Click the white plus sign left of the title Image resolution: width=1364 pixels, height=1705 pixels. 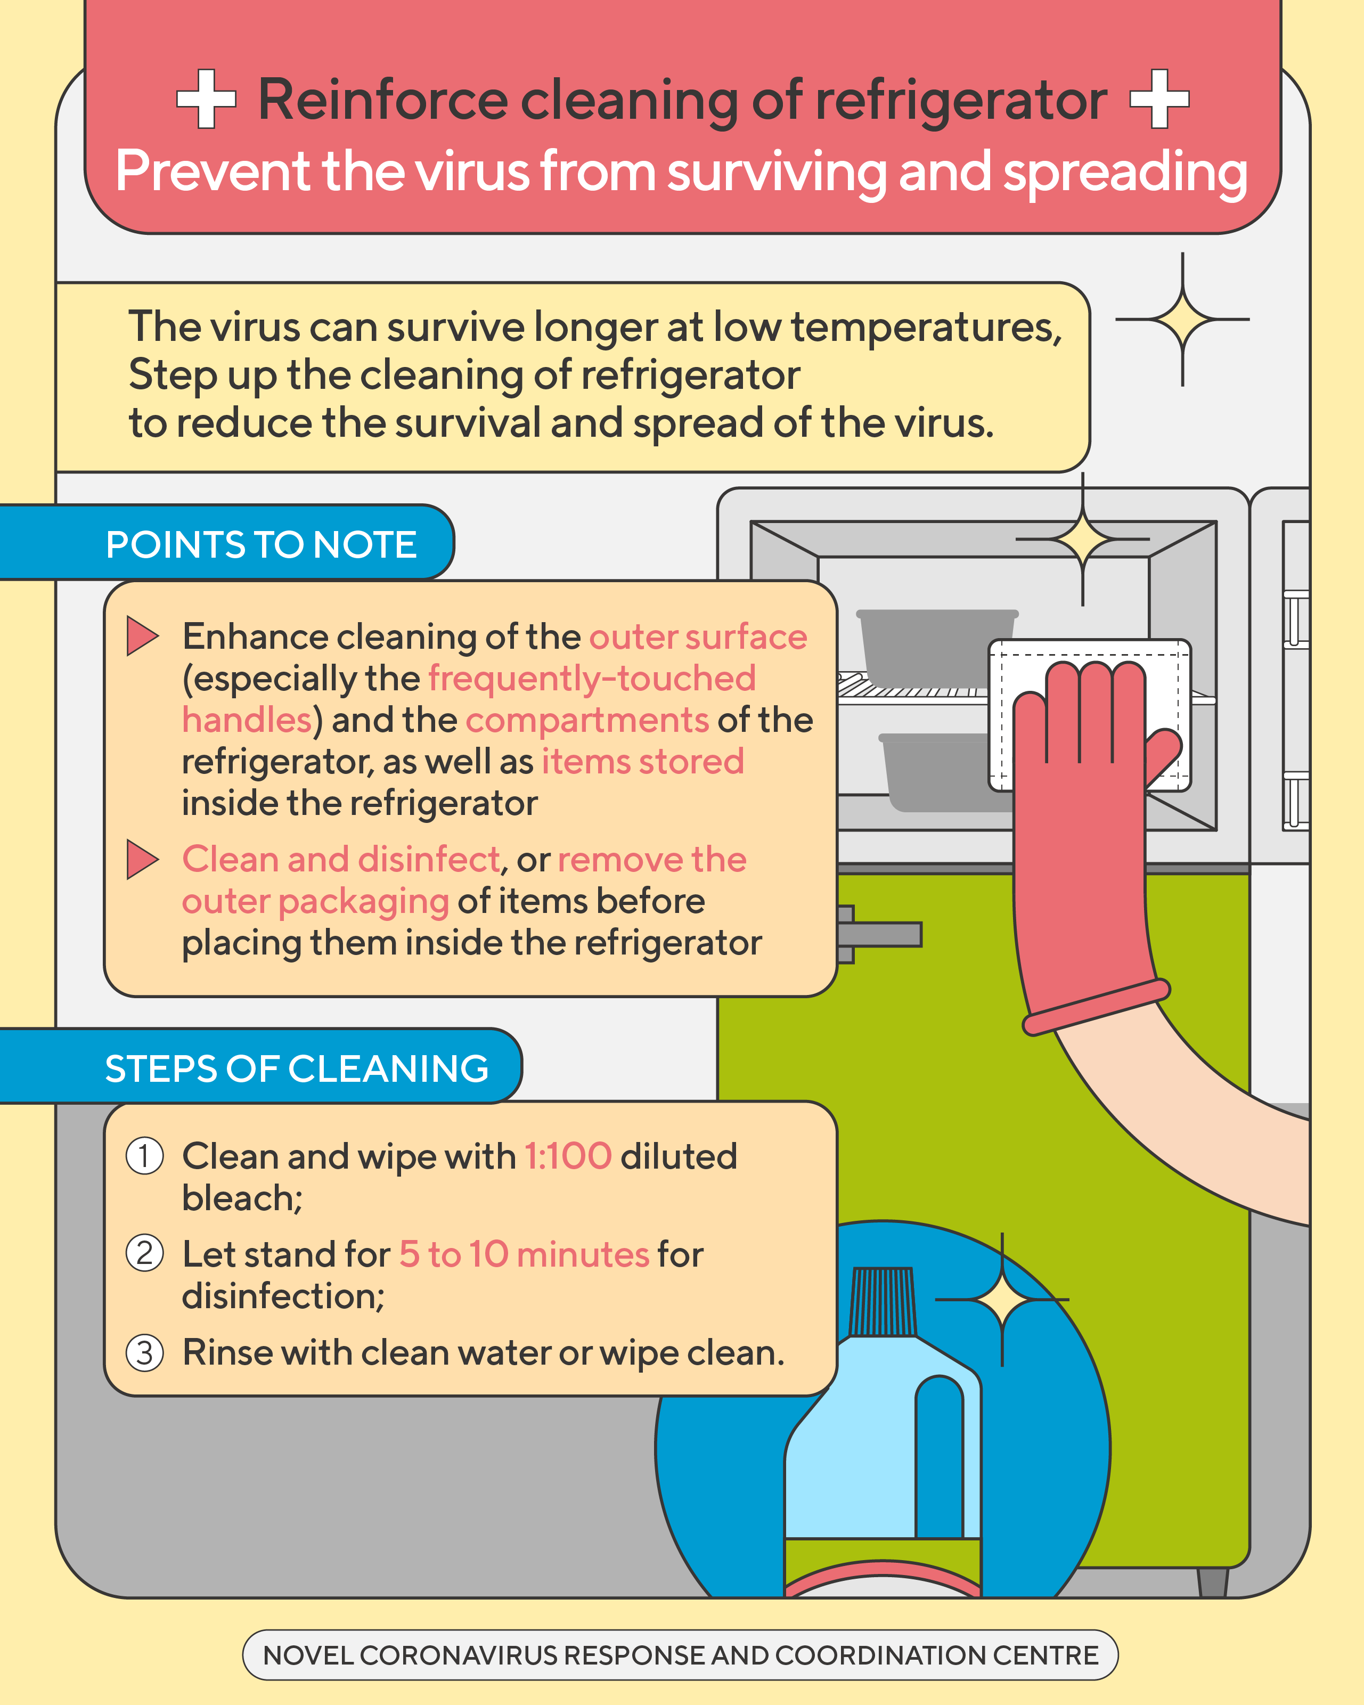point(206,99)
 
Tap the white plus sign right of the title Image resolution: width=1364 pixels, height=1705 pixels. point(1159,99)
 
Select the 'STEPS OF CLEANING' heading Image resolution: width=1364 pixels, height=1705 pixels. point(297,1069)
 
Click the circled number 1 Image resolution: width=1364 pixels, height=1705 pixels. point(145,1156)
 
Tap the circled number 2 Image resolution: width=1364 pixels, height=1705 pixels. point(145,1253)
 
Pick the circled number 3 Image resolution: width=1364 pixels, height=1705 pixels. point(145,1352)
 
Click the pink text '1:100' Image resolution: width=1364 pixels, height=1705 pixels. point(568,1156)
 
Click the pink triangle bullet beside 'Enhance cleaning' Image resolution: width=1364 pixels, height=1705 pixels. point(142,636)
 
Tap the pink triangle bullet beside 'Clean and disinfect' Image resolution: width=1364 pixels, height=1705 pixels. point(142,860)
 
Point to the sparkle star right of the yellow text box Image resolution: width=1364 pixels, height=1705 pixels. point(1182,320)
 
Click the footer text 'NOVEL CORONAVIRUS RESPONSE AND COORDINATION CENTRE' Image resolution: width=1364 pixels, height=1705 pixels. point(680,1655)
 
